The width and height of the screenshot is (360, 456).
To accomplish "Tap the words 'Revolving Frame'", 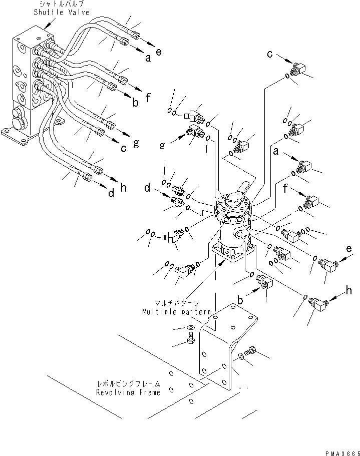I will pos(128,393).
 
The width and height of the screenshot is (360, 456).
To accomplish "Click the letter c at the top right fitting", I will pos(269,54).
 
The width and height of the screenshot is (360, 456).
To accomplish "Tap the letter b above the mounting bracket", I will pos(241,300).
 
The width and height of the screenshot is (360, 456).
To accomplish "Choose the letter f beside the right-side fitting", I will pos(285,190).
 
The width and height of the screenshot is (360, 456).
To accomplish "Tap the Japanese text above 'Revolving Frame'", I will pos(128,384).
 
